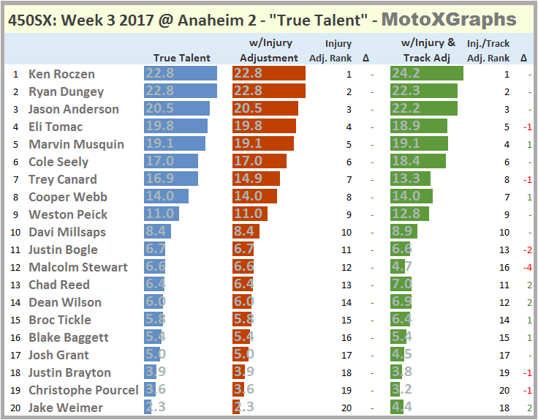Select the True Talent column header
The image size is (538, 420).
point(181,58)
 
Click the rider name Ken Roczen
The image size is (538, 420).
point(61,74)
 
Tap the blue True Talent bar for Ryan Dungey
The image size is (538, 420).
point(181,91)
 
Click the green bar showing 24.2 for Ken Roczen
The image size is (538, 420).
point(427,74)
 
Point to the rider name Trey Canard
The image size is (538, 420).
point(62,179)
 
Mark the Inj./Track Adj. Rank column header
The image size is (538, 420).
point(488,51)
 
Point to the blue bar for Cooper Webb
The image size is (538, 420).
point(166,197)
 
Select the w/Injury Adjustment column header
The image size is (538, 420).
point(269,51)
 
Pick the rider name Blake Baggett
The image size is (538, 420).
point(69,337)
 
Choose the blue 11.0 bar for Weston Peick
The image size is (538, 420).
point(162,214)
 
